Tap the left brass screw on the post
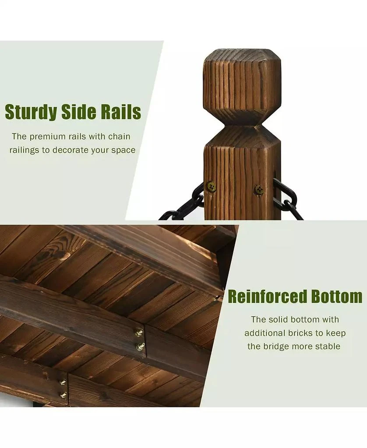(x=212, y=186)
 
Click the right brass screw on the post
(x=259, y=190)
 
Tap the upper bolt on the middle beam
(x=139, y=332)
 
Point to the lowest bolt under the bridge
(x=64, y=395)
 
